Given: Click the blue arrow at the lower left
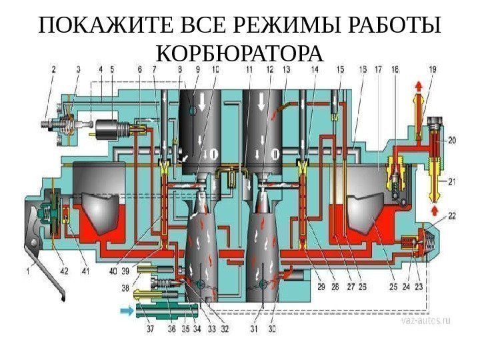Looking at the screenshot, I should pyautogui.click(x=125, y=310).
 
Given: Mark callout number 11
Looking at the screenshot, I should pyautogui.click(x=249, y=69).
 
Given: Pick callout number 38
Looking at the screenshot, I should pyautogui.click(x=125, y=288).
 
